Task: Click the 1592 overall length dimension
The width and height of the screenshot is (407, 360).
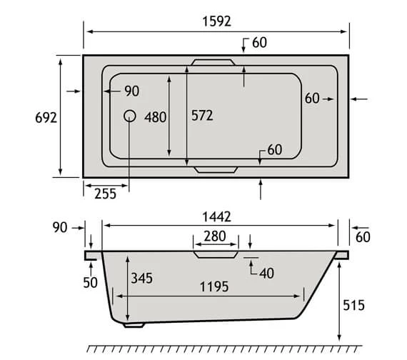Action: point(217,21)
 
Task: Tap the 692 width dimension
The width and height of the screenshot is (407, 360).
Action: point(46,118)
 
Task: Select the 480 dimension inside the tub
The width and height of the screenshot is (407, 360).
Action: point(155,117)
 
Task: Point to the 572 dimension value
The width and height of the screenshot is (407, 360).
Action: point(202,116)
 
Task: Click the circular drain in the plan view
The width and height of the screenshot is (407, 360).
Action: point(129,116)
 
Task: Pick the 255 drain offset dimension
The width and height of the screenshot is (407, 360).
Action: point(105,194)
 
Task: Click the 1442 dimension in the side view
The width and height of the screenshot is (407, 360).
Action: point(217,217)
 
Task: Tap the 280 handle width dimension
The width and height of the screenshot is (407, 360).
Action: point(215,236)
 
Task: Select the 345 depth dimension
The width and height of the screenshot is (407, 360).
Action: point(141,278)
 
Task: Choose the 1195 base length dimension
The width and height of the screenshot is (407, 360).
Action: point(214,286)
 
